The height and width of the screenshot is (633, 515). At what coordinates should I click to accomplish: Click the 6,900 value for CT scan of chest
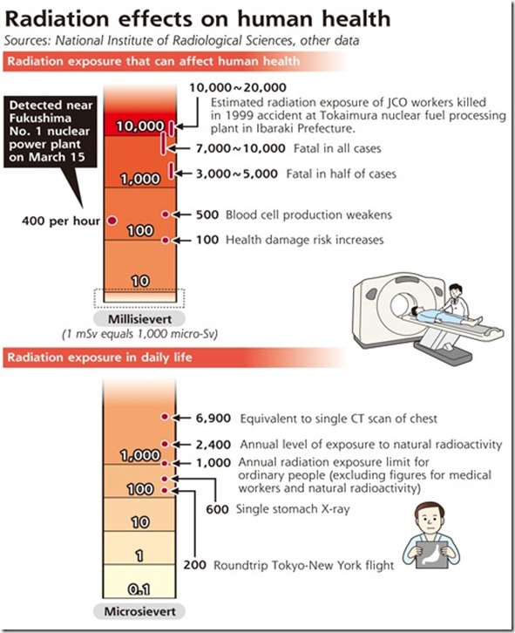pos(213,419)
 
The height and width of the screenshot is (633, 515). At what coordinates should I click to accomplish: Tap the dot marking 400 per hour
pos(112,221)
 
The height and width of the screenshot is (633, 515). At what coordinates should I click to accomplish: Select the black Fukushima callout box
pos(51,131)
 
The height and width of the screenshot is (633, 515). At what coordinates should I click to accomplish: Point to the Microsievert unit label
pos(139,611)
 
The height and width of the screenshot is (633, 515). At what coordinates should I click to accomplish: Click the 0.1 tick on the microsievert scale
pos(139,589)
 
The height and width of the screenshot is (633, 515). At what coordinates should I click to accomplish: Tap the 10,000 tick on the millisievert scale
pos(140,126)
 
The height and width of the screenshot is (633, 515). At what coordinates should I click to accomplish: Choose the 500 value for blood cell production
pos(207,214)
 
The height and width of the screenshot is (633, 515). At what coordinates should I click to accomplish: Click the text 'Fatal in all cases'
pos(337,148)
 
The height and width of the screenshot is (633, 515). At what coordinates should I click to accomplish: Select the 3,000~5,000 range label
pos(237,174)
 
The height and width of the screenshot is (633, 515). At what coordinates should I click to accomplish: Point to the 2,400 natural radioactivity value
pos(213,445)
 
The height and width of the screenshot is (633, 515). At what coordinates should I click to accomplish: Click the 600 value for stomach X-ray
pos(218,509)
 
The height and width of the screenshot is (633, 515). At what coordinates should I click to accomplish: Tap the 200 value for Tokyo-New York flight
pos(195,565)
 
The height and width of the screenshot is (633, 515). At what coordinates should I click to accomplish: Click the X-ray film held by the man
pos(431,555)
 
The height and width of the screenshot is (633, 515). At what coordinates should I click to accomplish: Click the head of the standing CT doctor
pos(456,291)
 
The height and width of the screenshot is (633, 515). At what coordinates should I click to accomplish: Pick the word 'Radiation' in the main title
pos(58,18)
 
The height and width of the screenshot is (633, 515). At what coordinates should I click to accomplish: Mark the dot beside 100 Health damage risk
pos(165,240)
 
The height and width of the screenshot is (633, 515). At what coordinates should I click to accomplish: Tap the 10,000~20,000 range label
pos(238,87)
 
